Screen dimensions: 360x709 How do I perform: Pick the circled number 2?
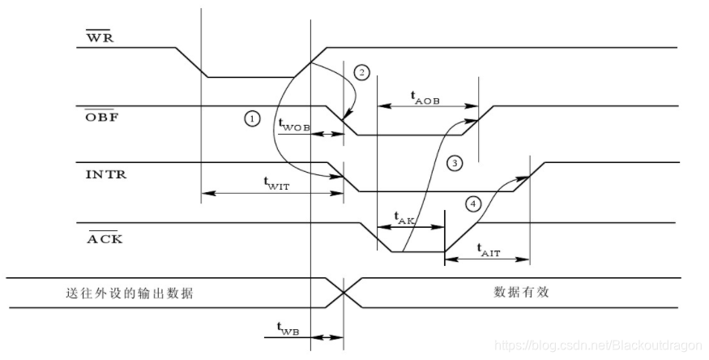[x=362, y=73]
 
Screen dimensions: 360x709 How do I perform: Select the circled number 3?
[x=455, y=164]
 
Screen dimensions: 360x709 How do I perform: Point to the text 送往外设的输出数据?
[x=129, y=293]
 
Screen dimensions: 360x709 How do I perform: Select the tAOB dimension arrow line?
[x=428, y=105]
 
